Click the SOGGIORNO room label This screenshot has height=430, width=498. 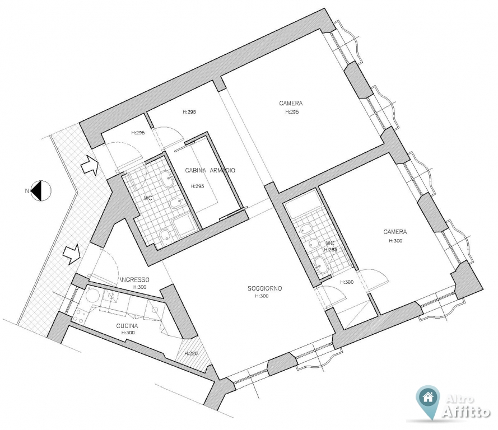tap(265, 288)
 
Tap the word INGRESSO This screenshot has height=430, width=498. tap(134, 279)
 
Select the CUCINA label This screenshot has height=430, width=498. tap(127, 326)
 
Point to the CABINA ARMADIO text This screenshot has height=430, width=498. tap(210, 170)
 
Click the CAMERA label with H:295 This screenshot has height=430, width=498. tap(291, 103)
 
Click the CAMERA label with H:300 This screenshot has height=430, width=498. tap(395, 232)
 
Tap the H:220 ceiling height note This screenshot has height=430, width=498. tap(191, 353)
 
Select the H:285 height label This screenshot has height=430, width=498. tap(331, 250)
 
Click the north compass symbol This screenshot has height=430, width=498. tap(40, 190)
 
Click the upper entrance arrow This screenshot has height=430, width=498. tap(90, 165)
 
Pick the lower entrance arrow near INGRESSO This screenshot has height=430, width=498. tap(72, 254)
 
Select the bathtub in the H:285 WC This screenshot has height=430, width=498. tap(300, 205)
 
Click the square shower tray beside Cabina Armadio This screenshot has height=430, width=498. tap(183, 226)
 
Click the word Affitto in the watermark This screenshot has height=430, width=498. tap(466, 412)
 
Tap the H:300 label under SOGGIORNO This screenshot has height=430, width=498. tap(262, 296)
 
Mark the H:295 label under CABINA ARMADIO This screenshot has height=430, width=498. tap(198, 186)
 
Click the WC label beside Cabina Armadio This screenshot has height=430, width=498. tap(148, 198)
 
